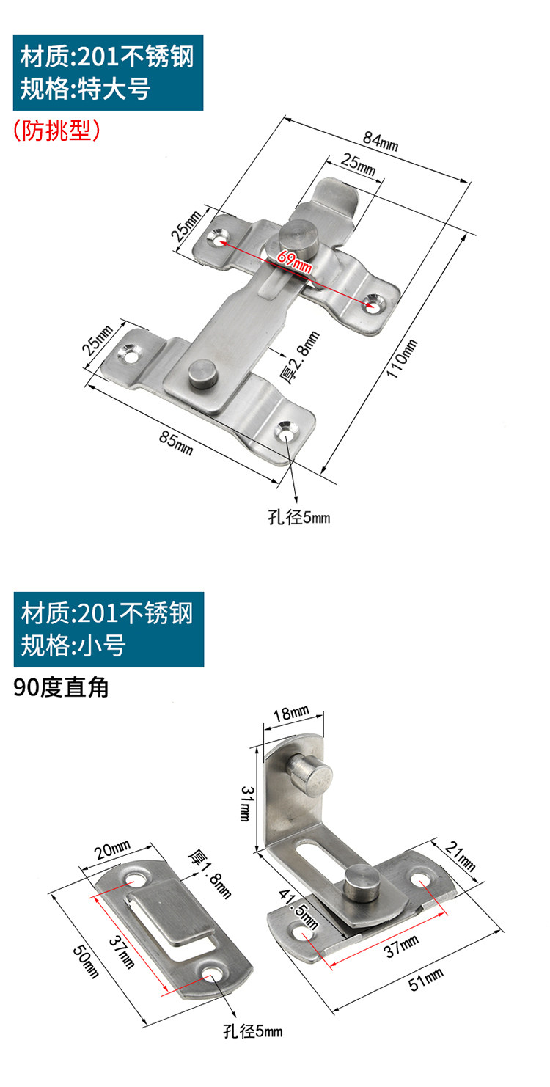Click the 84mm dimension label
379,140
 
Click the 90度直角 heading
61,687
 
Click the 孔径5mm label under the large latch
298,518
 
